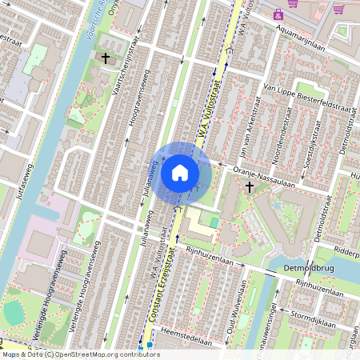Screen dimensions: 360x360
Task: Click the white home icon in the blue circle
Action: click(x=180, y=172)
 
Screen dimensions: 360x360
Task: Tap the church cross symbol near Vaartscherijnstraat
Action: click(x=106, y=58)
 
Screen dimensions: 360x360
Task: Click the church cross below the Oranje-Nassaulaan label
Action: click(x=250, y=187)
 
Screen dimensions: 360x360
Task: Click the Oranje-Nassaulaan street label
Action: click(x=264, y=176)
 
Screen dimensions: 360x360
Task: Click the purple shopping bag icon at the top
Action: click(x=278, y=14)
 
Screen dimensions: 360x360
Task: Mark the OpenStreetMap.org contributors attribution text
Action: click(x=104, y=354)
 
